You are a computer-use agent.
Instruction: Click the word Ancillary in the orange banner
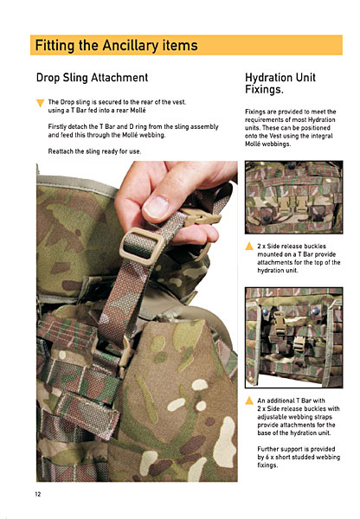click(130, 45)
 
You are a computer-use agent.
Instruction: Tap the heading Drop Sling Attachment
click(92, 78)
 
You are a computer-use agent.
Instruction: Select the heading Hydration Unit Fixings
click(280, 83)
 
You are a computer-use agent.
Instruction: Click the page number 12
click(38, 494)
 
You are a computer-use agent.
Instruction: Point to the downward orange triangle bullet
click(40, 103)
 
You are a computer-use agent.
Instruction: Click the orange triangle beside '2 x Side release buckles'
click(249, 246)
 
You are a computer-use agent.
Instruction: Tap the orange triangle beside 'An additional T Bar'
click(249, 400)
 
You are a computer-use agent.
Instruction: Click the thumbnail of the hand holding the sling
click(137, 321)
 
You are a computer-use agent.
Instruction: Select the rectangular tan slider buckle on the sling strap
click(142, 247)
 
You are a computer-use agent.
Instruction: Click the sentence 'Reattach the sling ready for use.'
click(94, 151)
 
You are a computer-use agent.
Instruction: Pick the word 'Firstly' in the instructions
click(57, 127)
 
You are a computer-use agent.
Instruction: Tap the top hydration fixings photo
click(294, 197)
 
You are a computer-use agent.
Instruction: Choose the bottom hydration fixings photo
click(294, 337)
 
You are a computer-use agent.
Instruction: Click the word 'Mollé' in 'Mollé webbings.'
click(253, 144)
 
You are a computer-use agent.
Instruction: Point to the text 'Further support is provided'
click(297, 449)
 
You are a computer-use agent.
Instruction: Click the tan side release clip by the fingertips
click(201, 217)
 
